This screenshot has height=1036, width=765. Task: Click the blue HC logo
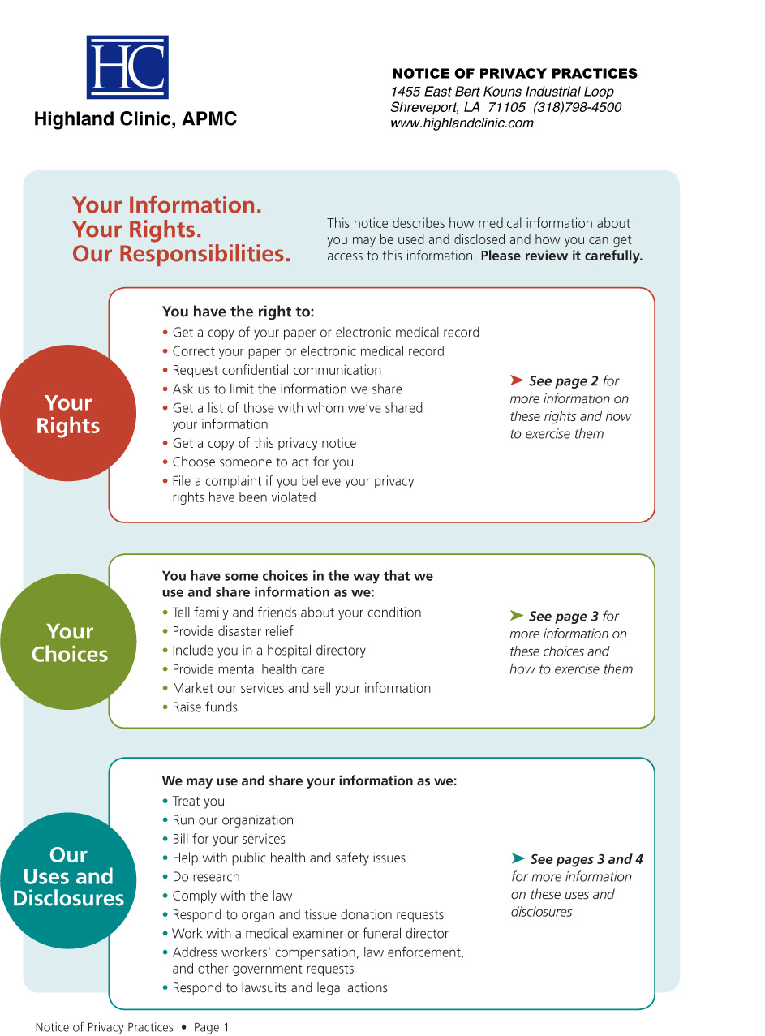[127, 67]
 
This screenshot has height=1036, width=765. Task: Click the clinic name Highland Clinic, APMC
[135, 119]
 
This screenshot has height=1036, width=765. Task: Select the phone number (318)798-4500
[577, 108]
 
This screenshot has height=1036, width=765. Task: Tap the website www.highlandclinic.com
[462, 123]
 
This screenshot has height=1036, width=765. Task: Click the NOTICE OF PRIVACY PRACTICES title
[514, 74]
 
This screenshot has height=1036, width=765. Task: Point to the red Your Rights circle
[68, 414]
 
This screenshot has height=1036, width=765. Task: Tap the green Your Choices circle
[69, 643]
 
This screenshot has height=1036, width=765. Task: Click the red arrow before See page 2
[517, 380]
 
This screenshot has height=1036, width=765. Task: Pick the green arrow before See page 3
[517, 616]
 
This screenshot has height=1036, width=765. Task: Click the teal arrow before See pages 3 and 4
[518, 858]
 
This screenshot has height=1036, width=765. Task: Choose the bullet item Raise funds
[204, 707]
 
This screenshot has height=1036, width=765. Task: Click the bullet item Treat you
[198, 802]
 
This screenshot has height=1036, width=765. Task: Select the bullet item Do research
[205, 877]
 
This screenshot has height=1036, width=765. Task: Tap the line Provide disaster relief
[232, 632]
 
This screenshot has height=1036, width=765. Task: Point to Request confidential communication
[276, 371]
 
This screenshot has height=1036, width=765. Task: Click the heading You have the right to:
[238, 312]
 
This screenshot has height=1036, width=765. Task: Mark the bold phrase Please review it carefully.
[561, 256]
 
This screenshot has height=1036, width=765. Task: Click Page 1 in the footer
[211, 1027]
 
